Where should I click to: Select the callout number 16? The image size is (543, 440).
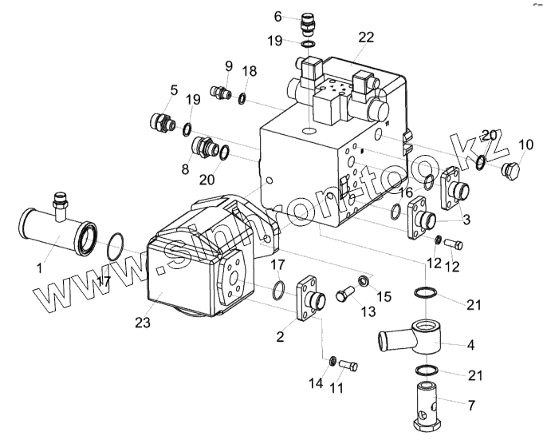[x=406, y=192]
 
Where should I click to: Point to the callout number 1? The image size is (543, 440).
[x=39, y=268]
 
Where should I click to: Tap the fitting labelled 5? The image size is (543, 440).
[x=162, y=124]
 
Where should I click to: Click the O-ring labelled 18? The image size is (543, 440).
[x=242, y=98]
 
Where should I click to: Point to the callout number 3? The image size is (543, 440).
[x=466, y=218]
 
